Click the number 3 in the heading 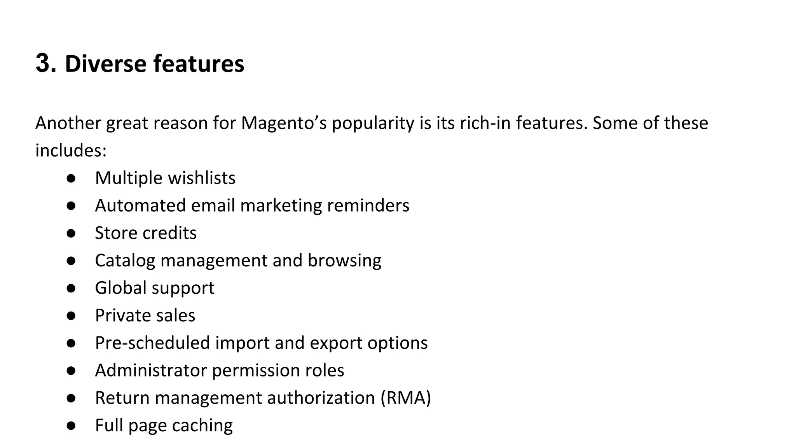(x=43, y=63)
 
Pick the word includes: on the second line (x=71, y=150)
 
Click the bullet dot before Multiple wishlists (x=71, y=178)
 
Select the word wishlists (x=201, y=178)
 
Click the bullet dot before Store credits (x=71, y=233)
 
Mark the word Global (x=120, y=288)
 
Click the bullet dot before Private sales (x=71, y=316)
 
